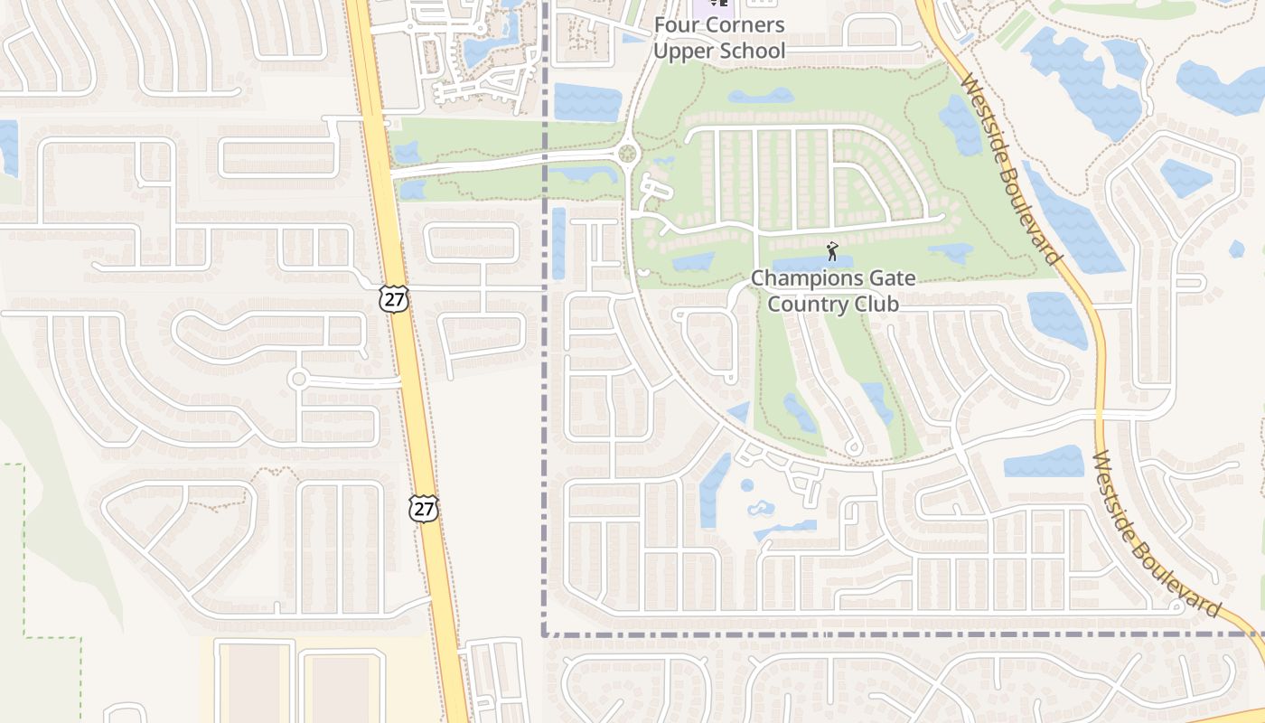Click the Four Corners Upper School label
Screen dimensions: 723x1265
pos(719,38)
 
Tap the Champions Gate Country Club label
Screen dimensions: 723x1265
pos(833,291)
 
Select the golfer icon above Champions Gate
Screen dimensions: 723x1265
pos(832,250)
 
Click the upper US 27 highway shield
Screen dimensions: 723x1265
pos(394,299)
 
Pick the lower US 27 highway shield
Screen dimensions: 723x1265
pos(423,508)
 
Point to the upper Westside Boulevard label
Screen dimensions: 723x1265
pos(1012,169)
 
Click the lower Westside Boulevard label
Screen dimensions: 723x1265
pos(1157,536)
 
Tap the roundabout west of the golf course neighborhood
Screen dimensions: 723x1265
pos(626,155)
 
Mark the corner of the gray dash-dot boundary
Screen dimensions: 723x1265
pos(545,634)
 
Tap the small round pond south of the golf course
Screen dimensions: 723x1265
pos(747,485)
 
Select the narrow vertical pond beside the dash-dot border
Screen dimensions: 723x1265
pos(558,243)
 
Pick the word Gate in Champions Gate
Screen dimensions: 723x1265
pos(891,278)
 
